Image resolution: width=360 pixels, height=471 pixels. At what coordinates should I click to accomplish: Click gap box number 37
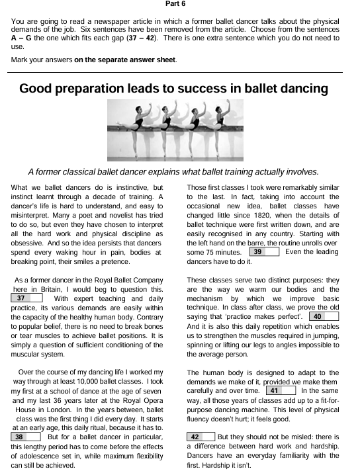coord(26,298)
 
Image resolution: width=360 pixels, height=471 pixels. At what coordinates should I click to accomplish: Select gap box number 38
coord(26,437)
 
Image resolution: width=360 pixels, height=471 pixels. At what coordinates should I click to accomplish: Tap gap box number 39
coord(264,252)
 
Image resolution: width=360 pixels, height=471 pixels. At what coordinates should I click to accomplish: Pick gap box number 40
coord(324,317)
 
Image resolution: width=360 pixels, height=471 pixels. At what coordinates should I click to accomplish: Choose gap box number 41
coord(279,391)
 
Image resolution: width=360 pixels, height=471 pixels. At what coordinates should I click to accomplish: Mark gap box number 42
coord(201,437)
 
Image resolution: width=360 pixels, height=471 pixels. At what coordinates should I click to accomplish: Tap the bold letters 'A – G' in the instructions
coord(19,38)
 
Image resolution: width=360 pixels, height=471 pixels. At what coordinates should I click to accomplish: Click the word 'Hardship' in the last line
coord(207,465)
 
